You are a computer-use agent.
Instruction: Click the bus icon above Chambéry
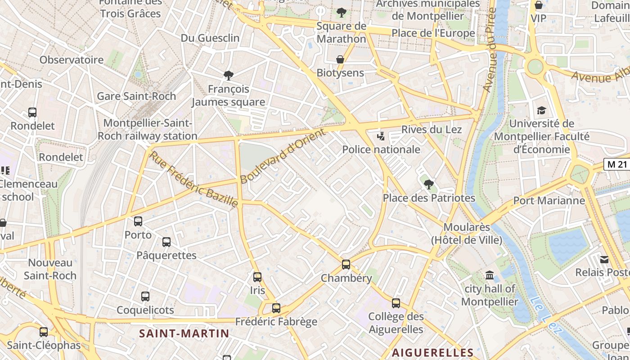[x=346, y=265]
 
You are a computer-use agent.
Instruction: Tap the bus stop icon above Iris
[x=257, y=277]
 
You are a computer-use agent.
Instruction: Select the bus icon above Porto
[x=138, y=221]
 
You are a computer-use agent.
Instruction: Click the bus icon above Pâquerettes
[x=166, y=242]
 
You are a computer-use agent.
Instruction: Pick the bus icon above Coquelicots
[x=145, y=297]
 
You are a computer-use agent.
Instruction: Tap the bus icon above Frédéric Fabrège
[x=276, y=308]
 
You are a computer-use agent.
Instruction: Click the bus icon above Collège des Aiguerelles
[x=396, y=303]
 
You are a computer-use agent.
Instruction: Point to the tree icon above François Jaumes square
[x=229, y=75]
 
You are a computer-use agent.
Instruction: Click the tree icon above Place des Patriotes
[x=428, y=184]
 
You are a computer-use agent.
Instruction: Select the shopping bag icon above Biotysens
[x=340, y=59]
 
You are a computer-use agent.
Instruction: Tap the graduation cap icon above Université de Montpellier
[x=541, y=110]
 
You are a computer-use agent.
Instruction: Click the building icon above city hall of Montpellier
[x=490, y=275]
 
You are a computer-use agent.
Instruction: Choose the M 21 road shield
[x=616, y=164]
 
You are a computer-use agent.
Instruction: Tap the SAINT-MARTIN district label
[x=184, y=333]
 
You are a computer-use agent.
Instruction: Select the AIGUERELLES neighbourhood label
[x=432, y=352]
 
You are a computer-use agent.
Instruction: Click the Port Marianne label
[x=549, y=201]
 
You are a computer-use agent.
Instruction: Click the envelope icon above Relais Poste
[x=604, y=259]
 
